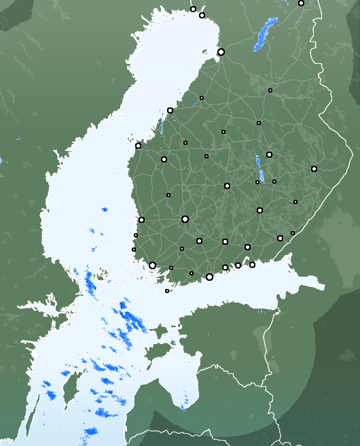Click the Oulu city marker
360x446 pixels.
(x=221, y=52)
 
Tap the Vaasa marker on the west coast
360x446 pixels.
(x=138, y=145)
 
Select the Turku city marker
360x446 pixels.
(x=152, y=266)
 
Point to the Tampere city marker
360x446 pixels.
(x=185, y=219)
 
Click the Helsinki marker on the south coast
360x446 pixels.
(x=209, y=277)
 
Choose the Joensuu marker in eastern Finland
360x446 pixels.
(x=314, y=169)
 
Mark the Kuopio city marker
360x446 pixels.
(x=269, y=154)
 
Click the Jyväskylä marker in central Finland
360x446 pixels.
(x=227, y=186)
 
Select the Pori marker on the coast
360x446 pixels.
(x=141, y=220)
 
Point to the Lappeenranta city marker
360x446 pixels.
(x=280, y=238)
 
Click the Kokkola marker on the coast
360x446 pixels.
(x=170, y=110)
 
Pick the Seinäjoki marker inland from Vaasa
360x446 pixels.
(x=164, y=159)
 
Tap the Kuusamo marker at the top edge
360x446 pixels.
(x=301, y=3)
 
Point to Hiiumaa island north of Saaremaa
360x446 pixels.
(x=158, y=332)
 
